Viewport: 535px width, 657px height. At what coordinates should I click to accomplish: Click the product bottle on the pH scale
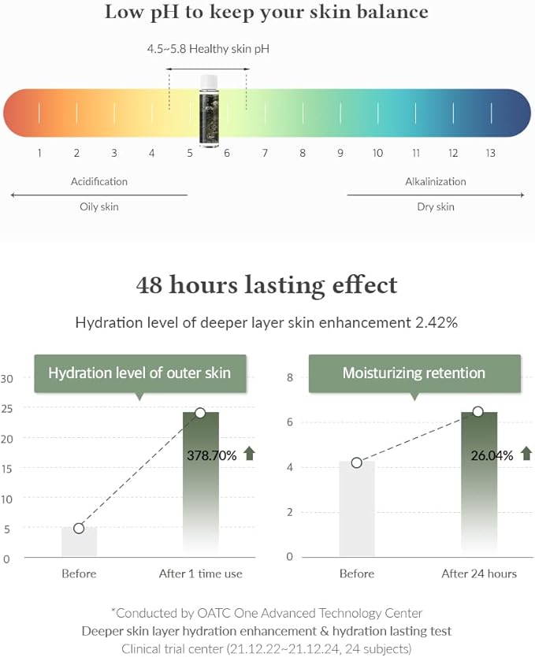[x=209, y=110]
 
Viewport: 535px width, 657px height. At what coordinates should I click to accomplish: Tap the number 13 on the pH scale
[x=490, y=154]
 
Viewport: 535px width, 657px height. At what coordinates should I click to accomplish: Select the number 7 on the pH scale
[x=265, y=154]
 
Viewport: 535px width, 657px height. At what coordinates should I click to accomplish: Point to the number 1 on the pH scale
[x=39, y=154]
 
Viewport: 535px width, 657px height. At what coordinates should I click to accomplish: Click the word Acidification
[x=99, y=181]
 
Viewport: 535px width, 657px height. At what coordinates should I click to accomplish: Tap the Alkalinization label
[x=436, y=181]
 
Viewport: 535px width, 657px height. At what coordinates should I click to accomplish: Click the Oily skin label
[x=99, y=207]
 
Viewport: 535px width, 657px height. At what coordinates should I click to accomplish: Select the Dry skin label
[x=436, y=207]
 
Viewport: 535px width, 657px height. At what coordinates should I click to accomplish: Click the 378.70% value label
[x=212, y=455]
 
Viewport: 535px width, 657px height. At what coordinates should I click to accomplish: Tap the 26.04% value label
[x=492, y=455]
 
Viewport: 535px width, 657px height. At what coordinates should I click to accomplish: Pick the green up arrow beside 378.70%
[x=250, y=453]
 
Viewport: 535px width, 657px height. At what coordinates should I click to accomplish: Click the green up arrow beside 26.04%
[x=526, y=453]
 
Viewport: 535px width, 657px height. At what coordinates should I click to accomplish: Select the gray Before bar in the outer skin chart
[x=79, y=542]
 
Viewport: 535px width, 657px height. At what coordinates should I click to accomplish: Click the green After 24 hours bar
[x=479, y=488]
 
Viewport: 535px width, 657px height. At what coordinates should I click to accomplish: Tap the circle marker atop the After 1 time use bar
[x=200, y=413]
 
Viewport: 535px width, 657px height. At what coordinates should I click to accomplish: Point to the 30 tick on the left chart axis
[x=8, y=378]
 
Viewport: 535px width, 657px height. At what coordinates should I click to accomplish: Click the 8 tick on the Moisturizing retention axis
[x=290, y=378]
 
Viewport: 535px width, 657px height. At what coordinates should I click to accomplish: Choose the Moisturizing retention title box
[x=414, y=373]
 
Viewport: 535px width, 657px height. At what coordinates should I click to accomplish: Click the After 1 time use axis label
[x=201, y=573]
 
